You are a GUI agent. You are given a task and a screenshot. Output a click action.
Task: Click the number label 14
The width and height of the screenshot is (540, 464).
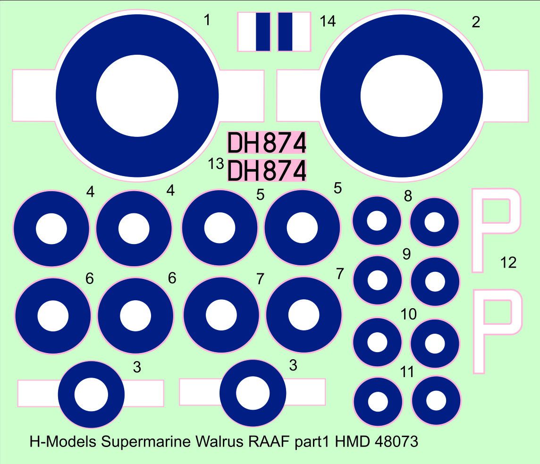(328, 21)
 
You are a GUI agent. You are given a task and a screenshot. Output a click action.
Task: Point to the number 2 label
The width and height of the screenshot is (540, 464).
(476, 22)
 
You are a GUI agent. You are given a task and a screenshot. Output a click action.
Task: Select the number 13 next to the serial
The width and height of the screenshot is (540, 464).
(216, 164)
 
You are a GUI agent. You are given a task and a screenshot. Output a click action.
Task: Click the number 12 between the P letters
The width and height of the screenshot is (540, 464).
(508, 263)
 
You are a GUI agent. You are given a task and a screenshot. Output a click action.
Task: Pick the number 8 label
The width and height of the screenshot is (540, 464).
(408, 196)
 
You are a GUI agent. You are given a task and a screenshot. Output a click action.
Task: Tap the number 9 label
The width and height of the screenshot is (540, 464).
(406, 254)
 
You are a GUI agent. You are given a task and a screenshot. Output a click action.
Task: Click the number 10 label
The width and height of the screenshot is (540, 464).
(408, 314)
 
